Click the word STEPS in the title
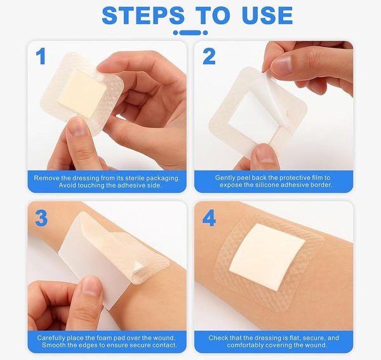143,15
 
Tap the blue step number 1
41,56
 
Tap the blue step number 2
209,56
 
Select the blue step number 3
41,218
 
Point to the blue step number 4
209,218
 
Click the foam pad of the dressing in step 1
83,93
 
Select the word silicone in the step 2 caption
267,185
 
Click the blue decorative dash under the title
190,33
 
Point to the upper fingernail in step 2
282,65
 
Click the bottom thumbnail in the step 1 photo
77,126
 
